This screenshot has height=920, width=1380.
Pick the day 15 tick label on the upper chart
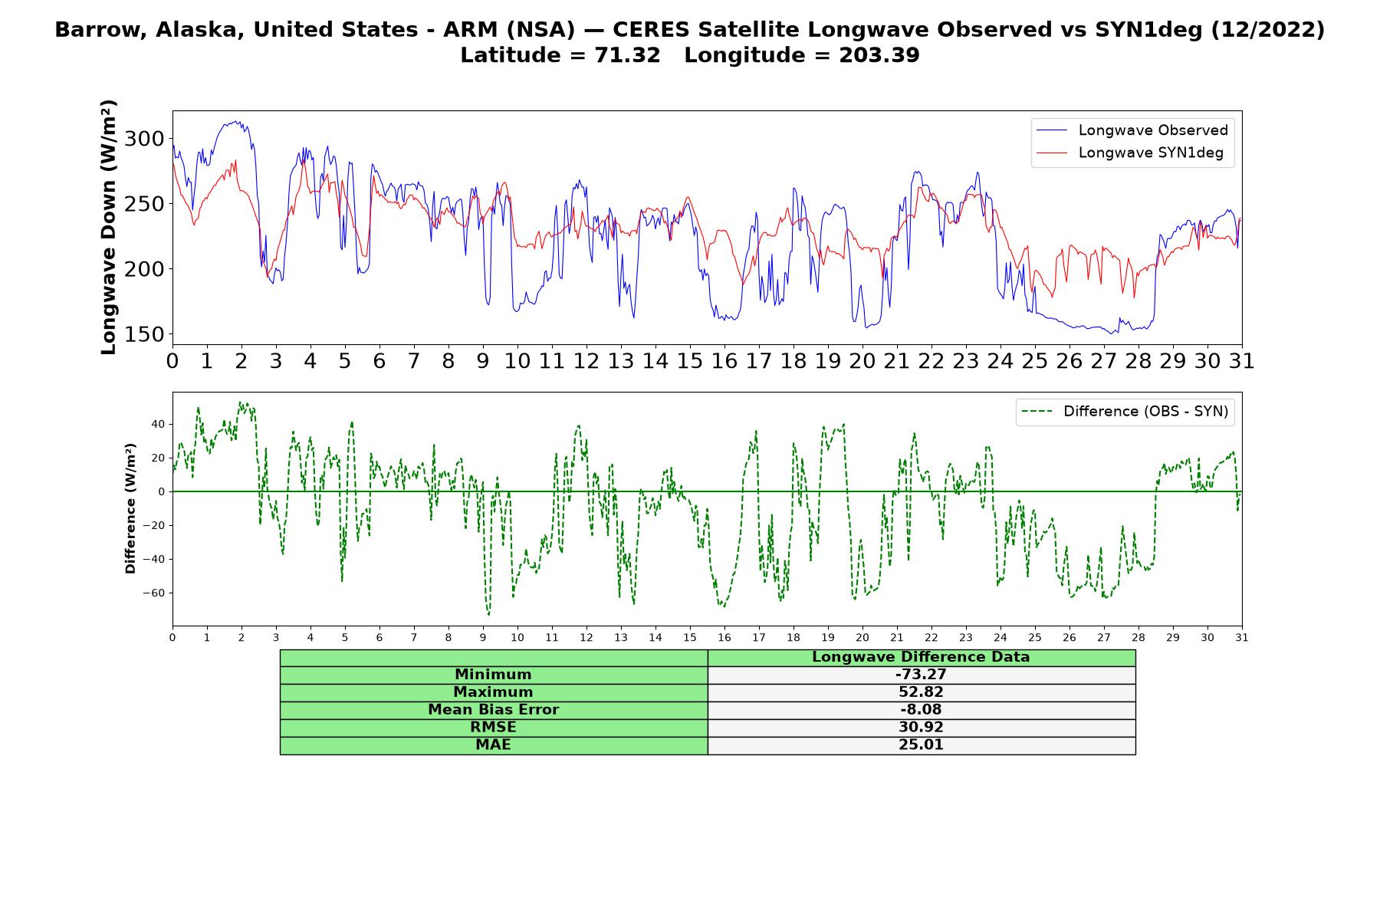(689, 361)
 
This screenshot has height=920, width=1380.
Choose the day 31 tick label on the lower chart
(1242, 638)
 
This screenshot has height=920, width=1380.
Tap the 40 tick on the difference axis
(158, 424)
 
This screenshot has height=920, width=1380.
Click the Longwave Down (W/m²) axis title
(109, 227)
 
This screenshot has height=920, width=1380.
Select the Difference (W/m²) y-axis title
(130, 508)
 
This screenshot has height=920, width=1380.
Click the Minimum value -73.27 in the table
(921, 675)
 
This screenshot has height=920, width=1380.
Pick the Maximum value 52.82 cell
(921, 692)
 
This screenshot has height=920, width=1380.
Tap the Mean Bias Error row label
(493, 710)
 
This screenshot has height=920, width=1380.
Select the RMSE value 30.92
(921, 728)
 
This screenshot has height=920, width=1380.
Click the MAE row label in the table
(493, 745)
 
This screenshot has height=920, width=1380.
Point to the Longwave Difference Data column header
(921, 657)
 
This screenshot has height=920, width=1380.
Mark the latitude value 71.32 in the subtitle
(627, 55)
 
